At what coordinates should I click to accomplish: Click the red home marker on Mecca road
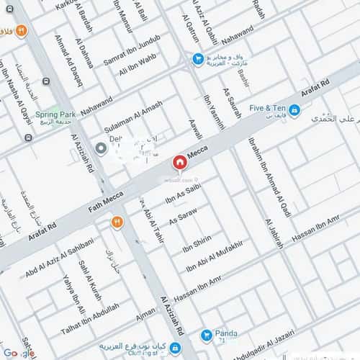(x=179, y=163)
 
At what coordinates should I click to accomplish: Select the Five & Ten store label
(x=268, y=108)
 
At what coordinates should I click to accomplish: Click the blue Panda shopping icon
(x=207, y=334)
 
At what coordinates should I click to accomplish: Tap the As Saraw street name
(x=183, y=216)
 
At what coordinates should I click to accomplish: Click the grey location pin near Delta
(x=102, y=149)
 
